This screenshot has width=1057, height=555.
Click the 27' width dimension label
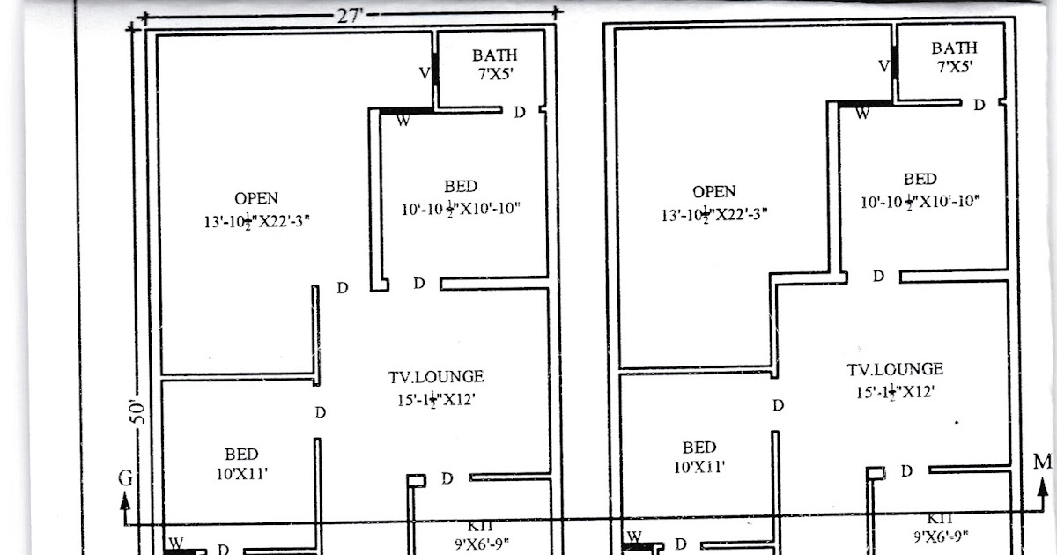[344, 13]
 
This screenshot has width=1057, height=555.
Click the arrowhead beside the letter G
[126, 501]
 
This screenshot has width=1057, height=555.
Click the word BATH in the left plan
[494, 56]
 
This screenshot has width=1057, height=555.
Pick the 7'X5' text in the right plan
[955, 66]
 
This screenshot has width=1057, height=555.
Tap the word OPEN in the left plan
[256, 198]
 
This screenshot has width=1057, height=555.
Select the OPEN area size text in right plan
[714, 214]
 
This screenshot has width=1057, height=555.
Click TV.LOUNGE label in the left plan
[436, 377]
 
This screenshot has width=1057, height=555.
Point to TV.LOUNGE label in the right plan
[895, 370]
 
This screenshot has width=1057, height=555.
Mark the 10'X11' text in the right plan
[699, 467]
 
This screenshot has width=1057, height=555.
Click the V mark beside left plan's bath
[424, 74]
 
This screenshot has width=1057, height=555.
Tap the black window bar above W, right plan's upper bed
[861, 103]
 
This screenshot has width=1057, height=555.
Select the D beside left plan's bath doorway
[520, 112]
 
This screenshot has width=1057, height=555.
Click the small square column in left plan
[416, 480]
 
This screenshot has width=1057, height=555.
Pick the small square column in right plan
[875, 473]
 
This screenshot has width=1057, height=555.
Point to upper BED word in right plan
[920, 179]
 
